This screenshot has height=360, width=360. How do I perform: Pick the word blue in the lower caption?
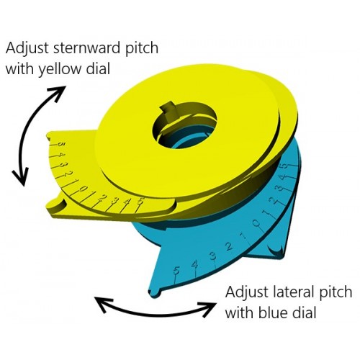274,312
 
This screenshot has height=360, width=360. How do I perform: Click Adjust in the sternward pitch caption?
27,49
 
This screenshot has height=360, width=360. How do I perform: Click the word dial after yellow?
98,68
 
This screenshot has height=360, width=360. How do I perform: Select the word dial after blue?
305,312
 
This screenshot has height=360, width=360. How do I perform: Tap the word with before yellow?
21,68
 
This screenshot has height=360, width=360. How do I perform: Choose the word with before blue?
240,312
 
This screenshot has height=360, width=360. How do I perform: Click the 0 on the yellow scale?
83,189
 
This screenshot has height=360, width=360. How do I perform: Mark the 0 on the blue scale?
256,224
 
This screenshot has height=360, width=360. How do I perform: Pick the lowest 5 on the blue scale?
176,271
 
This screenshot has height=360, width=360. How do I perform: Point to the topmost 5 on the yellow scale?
60,145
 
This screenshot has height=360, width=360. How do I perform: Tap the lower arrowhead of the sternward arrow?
21,176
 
